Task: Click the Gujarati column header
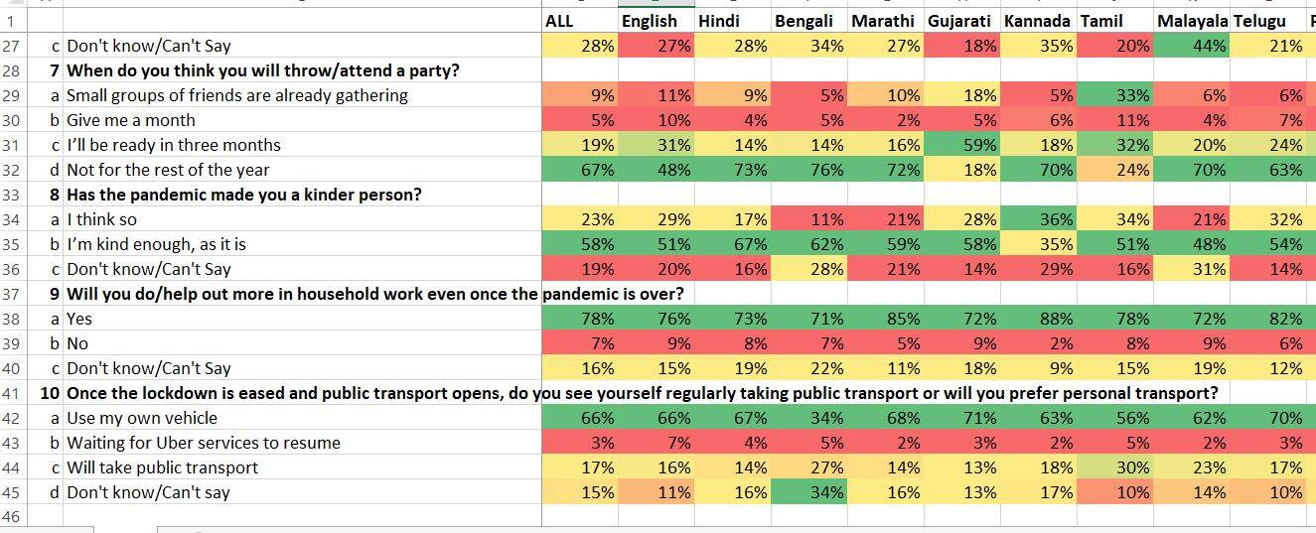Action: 958,21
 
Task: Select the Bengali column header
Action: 804,21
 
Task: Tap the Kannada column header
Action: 1037,21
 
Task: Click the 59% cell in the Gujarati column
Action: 961,145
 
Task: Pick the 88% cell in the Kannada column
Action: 1039,319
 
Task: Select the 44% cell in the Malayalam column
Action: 1193,46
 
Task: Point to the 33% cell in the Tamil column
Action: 1116,95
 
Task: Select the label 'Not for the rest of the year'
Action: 168,170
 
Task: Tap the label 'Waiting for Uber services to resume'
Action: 203,443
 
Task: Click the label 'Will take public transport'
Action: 162,467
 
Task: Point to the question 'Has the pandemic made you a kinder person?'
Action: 243,195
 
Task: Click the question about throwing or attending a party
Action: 262,70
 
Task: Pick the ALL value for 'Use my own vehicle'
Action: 580,418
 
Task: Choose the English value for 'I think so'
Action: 656,219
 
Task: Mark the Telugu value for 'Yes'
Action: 1268,319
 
